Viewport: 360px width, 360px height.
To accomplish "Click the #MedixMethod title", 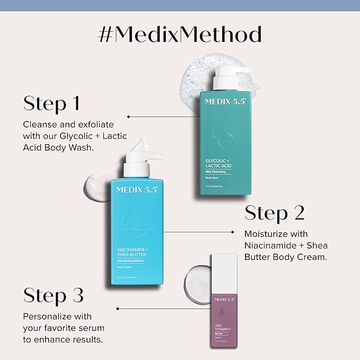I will (180, 34).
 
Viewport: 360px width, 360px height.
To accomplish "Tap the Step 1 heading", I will (51, 103).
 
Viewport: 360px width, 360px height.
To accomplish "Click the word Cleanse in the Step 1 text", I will (40, 125).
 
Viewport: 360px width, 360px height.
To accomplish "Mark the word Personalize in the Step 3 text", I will (48, 317).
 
